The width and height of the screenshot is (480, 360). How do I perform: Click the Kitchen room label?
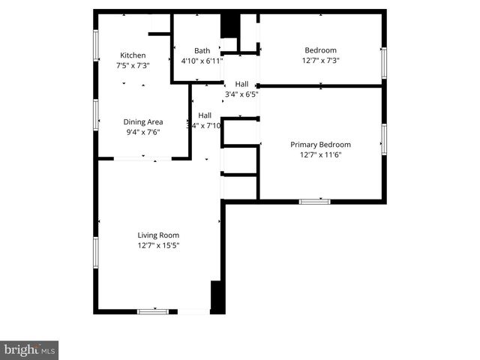click(x=133, y=55)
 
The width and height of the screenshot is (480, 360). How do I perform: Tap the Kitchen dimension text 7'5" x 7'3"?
click(x=133, y=65)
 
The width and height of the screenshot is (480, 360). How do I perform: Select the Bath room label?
click(x=202, y=51)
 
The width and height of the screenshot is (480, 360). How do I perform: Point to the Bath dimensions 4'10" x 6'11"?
click(x=202, y=60)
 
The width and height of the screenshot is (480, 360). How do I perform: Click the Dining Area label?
click(x=143, y=121)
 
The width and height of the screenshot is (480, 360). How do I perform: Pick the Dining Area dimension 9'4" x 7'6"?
click(x=143, y=131)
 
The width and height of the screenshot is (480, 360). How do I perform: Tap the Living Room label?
click(x=158, y=235)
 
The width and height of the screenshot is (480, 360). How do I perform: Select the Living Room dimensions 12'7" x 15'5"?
click(x=158, y=244)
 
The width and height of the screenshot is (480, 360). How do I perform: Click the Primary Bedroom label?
click(x=320, y=145)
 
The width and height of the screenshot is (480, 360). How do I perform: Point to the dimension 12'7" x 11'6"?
click(x=320, y=154)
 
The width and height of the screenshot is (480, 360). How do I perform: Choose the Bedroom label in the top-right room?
click(x=320, y=50)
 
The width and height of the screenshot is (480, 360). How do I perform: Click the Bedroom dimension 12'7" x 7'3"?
click(x=320, y=60)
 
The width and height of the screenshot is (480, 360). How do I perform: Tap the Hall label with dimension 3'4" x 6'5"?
click(x=241, y=84)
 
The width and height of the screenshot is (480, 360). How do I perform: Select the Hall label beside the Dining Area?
click(x=205, y=115)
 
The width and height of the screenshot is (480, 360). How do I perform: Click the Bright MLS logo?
click(x=29, y=349)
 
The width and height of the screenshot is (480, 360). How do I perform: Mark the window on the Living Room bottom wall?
click(x=153, y=310)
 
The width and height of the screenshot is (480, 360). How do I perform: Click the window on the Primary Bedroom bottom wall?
click(x=314, y=201)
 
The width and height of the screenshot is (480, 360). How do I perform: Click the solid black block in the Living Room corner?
click(x=217, y=297)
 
